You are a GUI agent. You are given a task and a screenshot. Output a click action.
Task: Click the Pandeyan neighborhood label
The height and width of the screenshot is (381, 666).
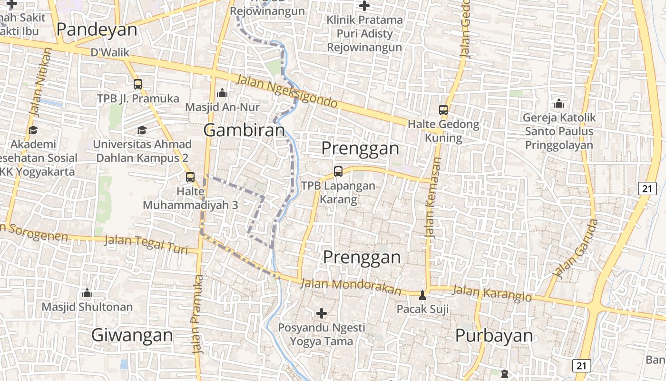click(x=97, y=30)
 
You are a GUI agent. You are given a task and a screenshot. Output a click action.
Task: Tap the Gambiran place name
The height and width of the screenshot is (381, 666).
click(x=244, y=130)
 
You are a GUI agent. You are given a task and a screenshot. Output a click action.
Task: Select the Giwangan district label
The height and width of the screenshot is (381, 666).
click(x=132, y=335)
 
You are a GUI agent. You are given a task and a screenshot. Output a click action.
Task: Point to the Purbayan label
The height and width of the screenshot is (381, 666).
click(x=494, y=335)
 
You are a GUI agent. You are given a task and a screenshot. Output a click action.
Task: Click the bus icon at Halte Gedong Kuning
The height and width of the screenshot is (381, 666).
click(x=443, y=110)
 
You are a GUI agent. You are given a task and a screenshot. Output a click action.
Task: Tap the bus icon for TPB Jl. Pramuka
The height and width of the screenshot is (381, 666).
click(x=138, y=84)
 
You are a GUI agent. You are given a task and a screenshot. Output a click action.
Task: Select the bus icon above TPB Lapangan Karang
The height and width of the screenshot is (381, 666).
click(x=338, y=171)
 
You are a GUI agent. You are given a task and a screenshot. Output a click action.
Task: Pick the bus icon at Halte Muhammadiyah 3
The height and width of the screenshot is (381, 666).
click(x=190, y=177)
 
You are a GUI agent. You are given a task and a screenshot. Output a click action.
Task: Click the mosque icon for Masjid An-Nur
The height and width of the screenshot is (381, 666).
click(x=222, y=93)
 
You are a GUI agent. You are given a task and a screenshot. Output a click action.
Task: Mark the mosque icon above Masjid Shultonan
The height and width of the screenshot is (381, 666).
click(x=87, y=292)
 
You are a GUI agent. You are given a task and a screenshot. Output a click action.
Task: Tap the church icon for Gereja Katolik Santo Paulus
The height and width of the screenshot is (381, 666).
click(x=559, y=103)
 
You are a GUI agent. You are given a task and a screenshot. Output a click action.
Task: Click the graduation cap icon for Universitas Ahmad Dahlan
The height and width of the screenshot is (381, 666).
click(x=142, y=130)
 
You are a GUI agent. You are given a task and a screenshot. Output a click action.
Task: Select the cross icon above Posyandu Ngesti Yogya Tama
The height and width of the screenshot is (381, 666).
click(x=322, y=313)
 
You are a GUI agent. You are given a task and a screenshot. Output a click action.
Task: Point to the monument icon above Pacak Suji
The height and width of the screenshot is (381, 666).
click(x=422, y=295)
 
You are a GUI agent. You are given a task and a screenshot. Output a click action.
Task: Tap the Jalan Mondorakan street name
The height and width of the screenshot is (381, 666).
click(x=351, y=286)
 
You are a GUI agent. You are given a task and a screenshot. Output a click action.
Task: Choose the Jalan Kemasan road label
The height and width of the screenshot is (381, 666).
click(x=433, y=198)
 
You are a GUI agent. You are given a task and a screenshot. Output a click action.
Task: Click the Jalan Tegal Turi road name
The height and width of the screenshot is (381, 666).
click(x=146, y=244)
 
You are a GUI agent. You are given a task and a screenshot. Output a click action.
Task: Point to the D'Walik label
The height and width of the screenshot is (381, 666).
click(x=110, y=52)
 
